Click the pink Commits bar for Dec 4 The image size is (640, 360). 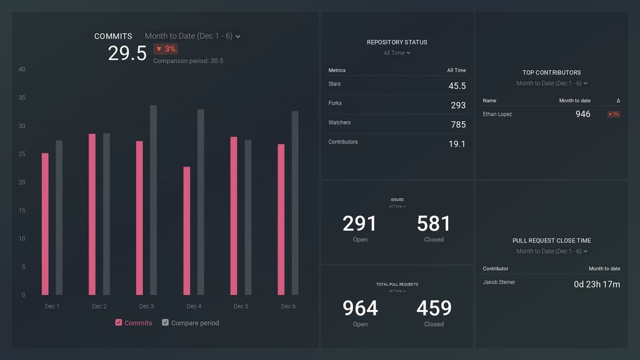click(187, 231)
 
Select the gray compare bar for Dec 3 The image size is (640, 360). click(154, 200)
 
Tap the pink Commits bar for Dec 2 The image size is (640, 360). click(92, 214)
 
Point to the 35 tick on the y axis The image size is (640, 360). click(22, 97)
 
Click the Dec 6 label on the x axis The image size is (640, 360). click(288, 306)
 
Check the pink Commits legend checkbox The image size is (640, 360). click(119, 322)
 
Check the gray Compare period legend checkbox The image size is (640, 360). click(166, 322)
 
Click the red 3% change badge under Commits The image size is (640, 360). click(166, 49)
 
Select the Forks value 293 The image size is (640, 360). click(458, 106)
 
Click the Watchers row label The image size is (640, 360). click(339, 122)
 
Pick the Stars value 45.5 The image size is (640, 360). click(457, 86)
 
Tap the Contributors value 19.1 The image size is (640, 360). click(457, 144)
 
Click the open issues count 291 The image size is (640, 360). click(360, 224)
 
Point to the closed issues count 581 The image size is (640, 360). click(434, 224)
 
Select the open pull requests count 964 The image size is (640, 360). click(360, 308)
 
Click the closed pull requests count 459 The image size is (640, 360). click(434, 308)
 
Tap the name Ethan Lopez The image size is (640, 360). click(497, 114)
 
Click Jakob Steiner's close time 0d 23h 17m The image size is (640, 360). click(597, 284)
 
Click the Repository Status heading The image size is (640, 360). click(397, 42)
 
